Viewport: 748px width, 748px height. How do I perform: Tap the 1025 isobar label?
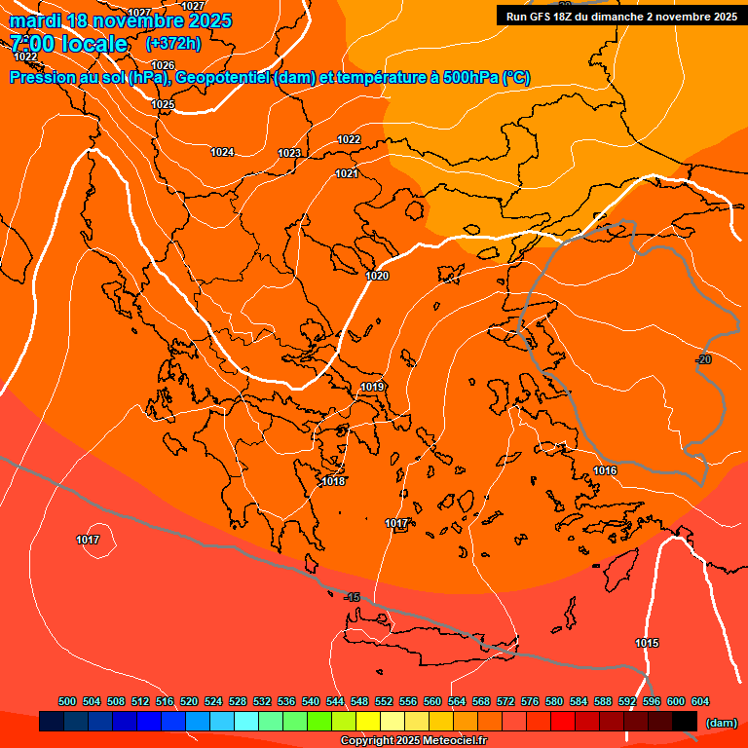(163, 104)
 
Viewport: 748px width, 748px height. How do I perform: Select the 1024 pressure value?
(222, 152)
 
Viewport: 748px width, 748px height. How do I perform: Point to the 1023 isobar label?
(289, 153)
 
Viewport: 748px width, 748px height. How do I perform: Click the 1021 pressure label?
(346, 173)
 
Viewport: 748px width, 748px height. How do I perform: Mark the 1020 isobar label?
(377, 277)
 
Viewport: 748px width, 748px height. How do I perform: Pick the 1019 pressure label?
(372, 387)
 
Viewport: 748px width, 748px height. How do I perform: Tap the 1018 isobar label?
(333, 481)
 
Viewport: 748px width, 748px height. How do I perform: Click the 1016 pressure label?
(605, 470)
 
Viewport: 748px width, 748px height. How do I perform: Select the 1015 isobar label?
(647, 643)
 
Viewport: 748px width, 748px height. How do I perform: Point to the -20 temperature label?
(704, 360)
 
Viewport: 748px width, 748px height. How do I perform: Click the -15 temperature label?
(353, 597)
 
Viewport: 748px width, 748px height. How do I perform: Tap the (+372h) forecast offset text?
(173, 44)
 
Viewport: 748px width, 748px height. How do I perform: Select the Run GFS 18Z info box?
(619, 17)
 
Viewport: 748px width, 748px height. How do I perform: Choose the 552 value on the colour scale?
(384, 701)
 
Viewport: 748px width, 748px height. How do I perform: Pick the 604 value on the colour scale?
(700, 701)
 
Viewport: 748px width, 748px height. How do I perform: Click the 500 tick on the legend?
(67, 701)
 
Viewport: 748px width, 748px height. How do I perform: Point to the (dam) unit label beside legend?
(722, 722)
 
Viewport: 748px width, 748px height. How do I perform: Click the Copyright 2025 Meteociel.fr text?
(413, 740)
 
